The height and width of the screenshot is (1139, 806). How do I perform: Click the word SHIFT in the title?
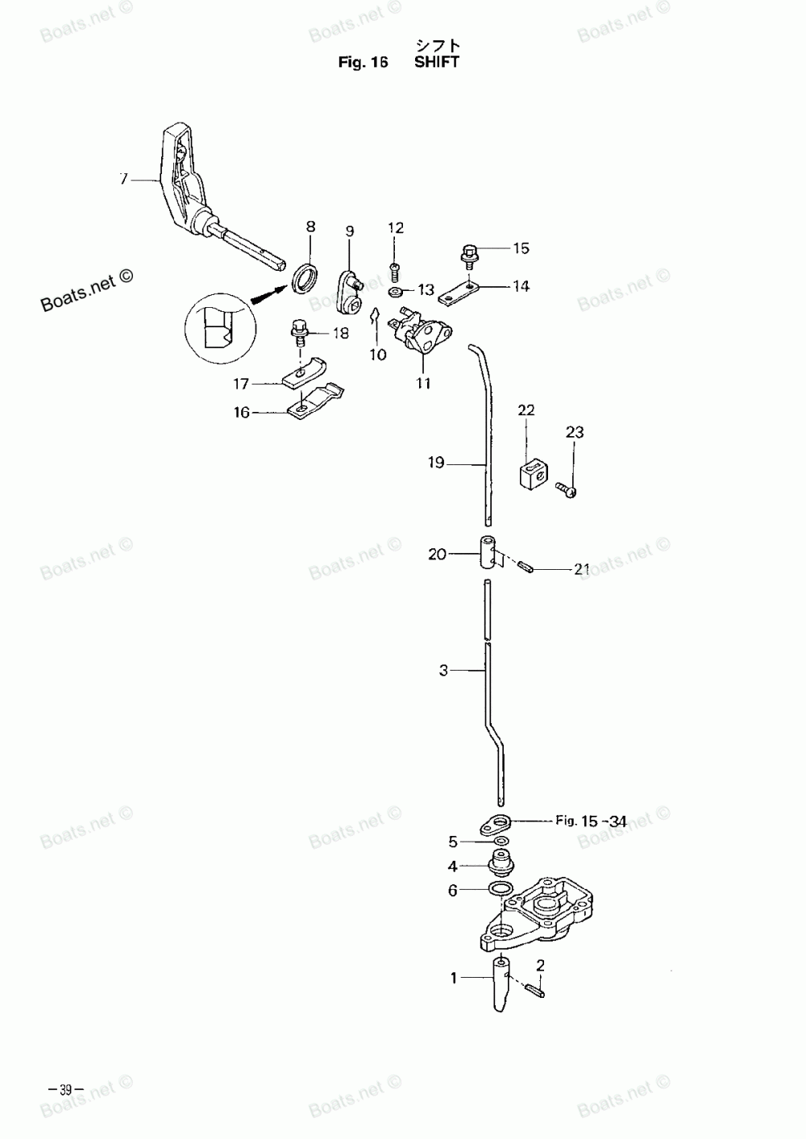[436, 62]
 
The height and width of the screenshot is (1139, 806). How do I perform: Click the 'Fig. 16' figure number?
[364, 63]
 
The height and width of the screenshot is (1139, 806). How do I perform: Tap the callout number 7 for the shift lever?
[123, 179]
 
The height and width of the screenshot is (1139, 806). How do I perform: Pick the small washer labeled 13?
[395, 290]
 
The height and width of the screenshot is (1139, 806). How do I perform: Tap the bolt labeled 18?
[300, 331]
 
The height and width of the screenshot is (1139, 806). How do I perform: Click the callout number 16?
[242, 412]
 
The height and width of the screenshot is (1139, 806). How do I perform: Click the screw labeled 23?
[567, 488]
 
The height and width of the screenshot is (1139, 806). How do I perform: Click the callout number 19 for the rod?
[436, 463]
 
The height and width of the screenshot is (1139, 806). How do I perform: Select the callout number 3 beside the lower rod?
[443, 670]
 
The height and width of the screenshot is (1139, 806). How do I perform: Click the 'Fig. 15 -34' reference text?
[591, 821]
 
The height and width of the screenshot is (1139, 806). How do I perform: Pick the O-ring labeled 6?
[500, 888]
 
